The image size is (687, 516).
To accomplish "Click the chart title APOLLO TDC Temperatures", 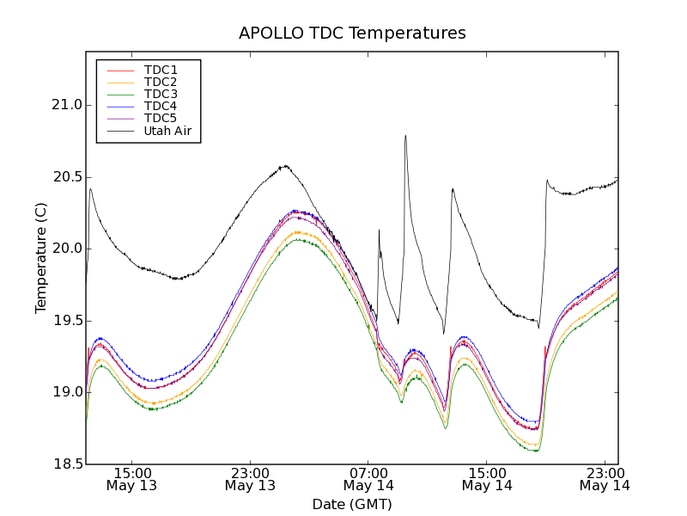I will pyautogui.click(x=352, y=34).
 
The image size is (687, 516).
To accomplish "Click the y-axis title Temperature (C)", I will pyautogui.click(x=41, y=258).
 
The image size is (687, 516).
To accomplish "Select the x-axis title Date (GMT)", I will pyautogui.click(x=352, y=504).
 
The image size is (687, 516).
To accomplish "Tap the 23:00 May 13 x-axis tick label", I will pyautogui.click(x=250, y=479).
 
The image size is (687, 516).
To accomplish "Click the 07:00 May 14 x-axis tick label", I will pyautogui.click(x=368, y=479).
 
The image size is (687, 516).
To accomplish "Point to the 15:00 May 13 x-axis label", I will pyautogui.click(x=131, y=479).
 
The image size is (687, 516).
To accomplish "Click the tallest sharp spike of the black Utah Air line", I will pyautogui.click(x=405, y=136).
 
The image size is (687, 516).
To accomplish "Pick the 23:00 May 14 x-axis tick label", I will pyautogui.click(x=605, y=479).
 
